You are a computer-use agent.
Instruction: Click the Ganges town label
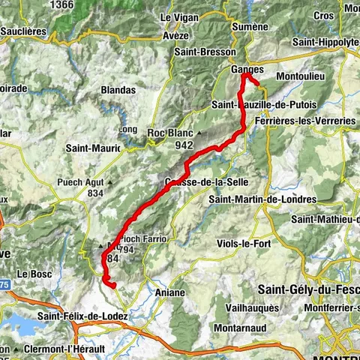click(247, 69)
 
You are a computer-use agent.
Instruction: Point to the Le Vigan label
click(177, 16)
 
